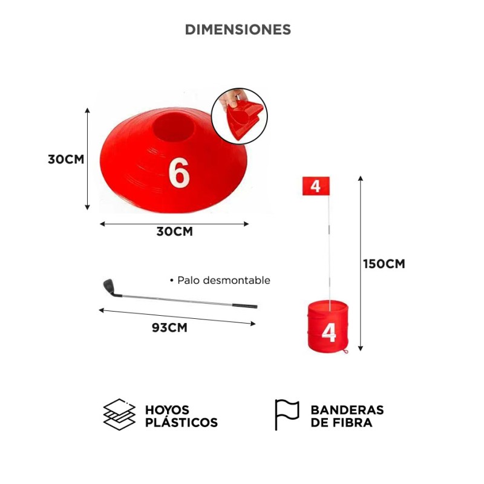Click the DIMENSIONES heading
point(238,30)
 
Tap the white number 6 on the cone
point(178,172)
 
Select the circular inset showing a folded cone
point(239,116)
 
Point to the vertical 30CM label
point(66,159)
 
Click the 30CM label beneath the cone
point(175,232)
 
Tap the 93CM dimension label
point(169,327)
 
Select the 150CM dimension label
point(384,264)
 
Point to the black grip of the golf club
point(244,306)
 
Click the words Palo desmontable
point(224,280)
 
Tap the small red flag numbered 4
point(316,186)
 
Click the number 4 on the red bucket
point(329,333)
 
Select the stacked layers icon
point(119,414)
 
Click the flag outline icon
point(287,414)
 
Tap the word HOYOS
point(167,410)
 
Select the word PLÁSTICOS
point(181,422)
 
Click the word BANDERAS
point(347,410)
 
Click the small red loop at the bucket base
point(345,351)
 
